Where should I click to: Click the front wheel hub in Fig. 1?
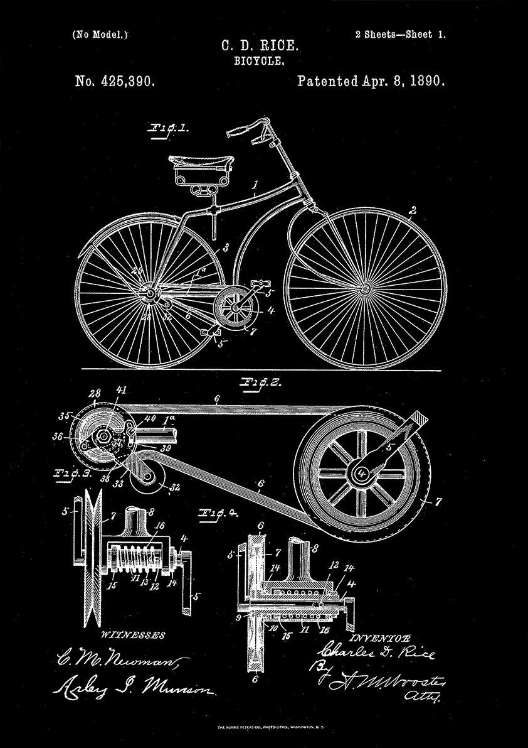tap(364, 288)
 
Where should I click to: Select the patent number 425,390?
tap(115, 81)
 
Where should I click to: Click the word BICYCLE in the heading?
tap(260, 62)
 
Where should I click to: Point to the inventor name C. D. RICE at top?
tap(260, 46)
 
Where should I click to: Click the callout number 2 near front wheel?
tap(413, 210)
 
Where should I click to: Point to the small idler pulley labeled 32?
tap(145, 487)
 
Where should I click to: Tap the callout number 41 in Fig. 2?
tap(115, 408)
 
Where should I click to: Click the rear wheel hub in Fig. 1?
tap(150, 293)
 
